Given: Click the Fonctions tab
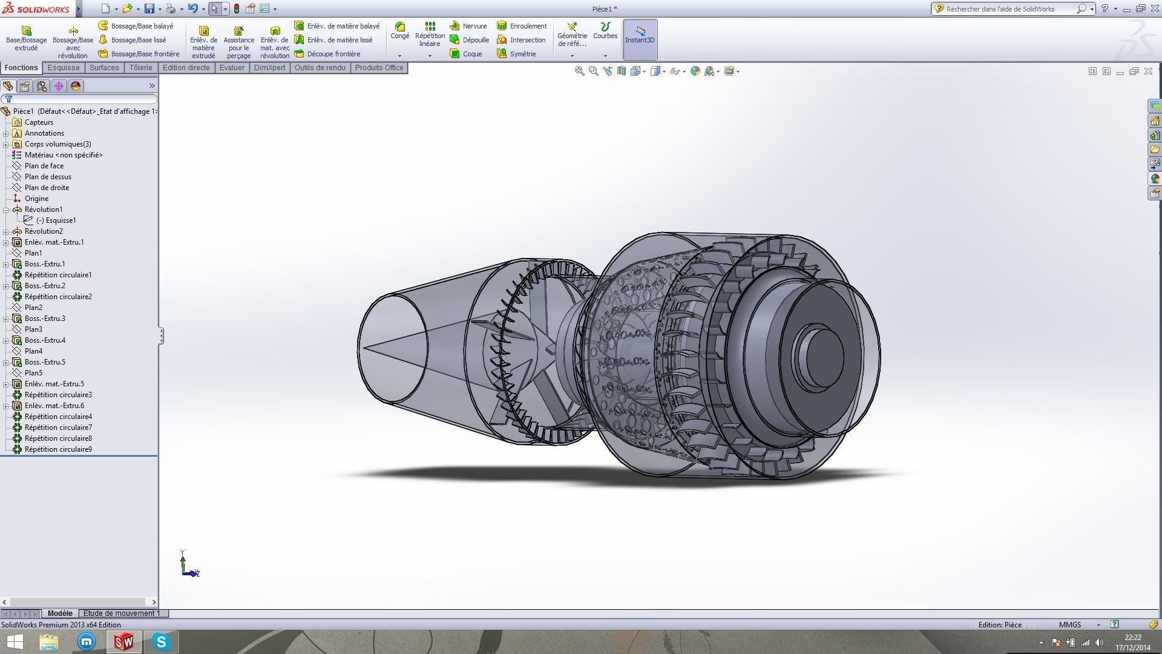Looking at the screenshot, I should [21, 68].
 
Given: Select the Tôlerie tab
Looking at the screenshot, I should [140, 68].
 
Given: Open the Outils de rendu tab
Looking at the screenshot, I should [320, 68].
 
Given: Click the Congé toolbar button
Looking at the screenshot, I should [399, 31].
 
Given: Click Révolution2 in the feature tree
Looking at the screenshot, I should [44, 231].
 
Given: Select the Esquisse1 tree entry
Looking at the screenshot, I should [56, 220].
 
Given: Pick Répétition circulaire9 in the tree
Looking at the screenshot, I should [58, 449].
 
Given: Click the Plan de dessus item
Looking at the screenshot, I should [48, 177].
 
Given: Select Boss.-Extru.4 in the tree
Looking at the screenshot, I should [45, 340].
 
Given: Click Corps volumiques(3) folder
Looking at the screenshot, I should [57, 144].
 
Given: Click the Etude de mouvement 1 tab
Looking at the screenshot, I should [122, 613].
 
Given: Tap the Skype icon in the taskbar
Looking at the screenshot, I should [161, 642].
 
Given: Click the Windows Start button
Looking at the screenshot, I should [15, 642].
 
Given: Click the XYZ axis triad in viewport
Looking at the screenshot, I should [189, 565].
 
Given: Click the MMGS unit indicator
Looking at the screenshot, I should [1069, 625].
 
